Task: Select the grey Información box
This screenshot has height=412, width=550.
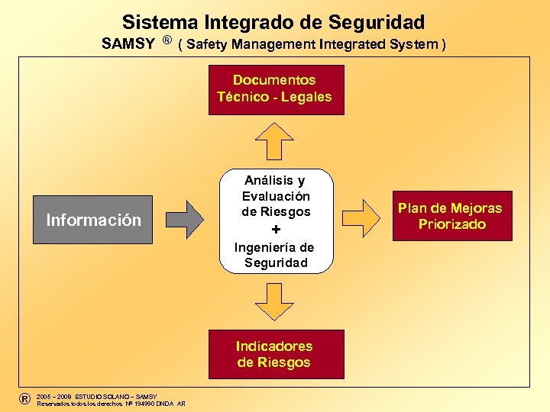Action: click(x=93, y=220)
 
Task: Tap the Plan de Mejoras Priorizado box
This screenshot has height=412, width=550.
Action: click(x=451, y=217)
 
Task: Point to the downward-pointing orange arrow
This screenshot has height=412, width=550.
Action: click(x=274, y=301)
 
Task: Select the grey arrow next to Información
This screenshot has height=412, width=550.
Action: click(x=184, y=220)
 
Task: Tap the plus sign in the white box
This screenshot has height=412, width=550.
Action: click(x=276, y=230)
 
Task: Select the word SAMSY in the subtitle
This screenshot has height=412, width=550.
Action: click(x=128, y=43)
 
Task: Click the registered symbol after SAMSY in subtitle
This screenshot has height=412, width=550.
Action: click(x=166, y=40)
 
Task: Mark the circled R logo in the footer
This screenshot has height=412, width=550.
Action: click(x=24, y=398)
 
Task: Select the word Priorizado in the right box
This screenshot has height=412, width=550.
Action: click(x=451, y=224)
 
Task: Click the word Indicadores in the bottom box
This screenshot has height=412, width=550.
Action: click(x=274, y=346)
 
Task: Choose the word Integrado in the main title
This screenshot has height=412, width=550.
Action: click(x=244, y=22)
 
